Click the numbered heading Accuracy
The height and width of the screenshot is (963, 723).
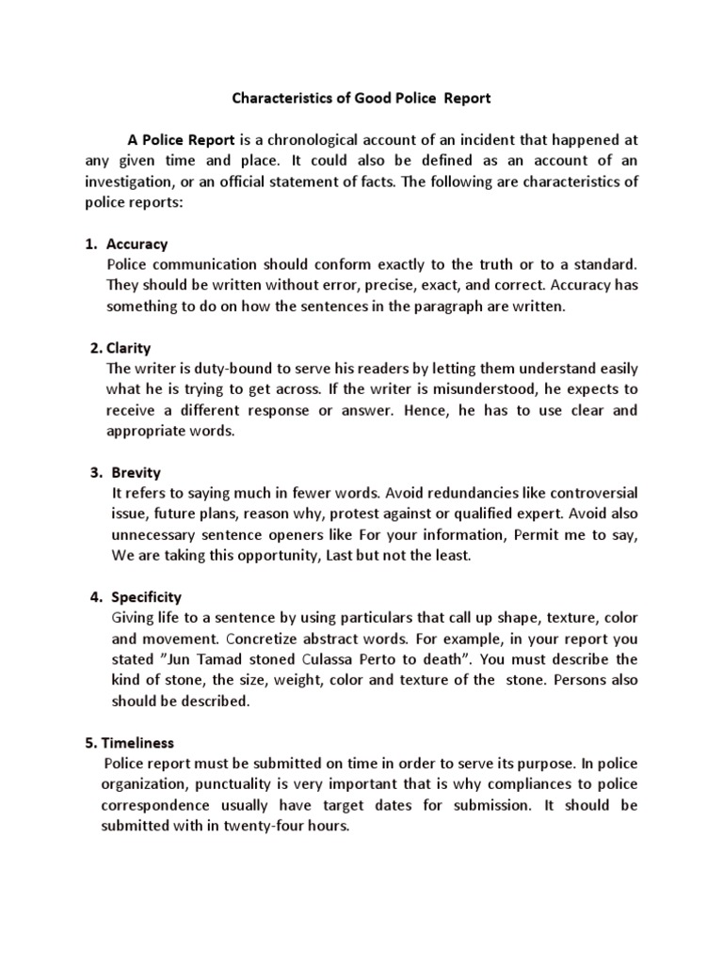[137, 244]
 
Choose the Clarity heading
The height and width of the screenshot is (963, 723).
[128, 348]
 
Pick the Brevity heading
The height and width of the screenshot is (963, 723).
[136, 472]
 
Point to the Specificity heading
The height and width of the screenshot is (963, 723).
[147, 596]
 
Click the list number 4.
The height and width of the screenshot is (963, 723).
[95, 596]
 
